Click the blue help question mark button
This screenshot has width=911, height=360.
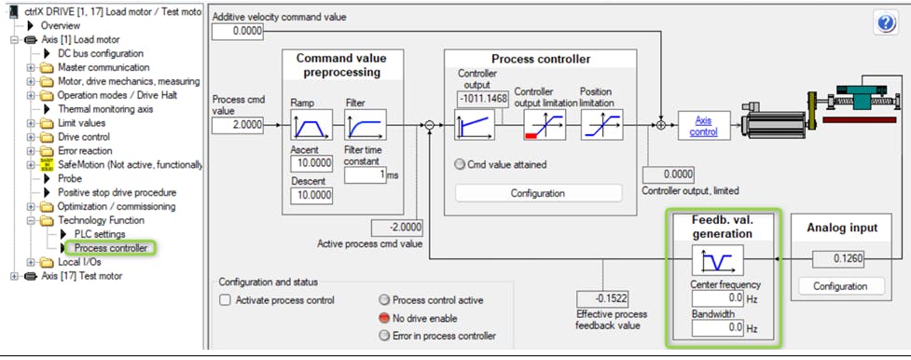886,22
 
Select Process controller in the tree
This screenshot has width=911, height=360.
110,248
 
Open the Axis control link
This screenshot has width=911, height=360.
704,126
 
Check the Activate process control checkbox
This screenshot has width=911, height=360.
225,300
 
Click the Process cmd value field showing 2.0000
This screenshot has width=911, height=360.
237,124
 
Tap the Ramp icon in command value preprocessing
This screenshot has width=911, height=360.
311,124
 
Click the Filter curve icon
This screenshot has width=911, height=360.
365,124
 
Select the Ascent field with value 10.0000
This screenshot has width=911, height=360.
311,163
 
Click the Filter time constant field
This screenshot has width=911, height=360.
365,175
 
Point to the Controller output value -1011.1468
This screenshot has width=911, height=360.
483,100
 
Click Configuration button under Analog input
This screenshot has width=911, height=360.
840,286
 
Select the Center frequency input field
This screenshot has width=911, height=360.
718,298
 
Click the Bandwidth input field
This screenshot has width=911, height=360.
718,328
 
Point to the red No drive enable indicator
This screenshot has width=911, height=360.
383,318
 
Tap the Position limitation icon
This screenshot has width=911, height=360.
602,124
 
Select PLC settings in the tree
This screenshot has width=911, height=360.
100,234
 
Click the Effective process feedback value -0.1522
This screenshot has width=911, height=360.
602,299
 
